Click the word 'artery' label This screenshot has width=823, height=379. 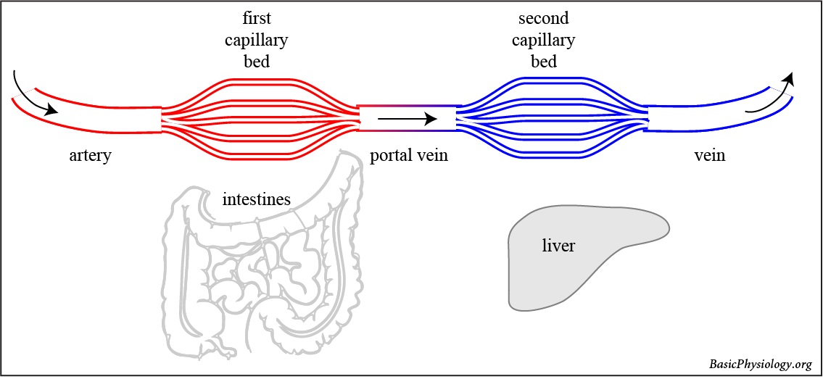pos(90,156)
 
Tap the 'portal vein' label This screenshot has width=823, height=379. pos(408,156)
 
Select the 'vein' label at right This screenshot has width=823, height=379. pos(709,156)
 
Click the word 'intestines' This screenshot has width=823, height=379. pos(256,199)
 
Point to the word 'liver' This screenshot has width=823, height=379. pos(558,246)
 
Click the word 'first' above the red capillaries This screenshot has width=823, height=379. pos(257,18)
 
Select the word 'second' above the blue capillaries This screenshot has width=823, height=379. pos(544,18)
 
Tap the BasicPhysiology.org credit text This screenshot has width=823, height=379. pos(760,364)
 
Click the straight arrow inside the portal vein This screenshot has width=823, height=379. pos(407,118)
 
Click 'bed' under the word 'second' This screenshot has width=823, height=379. pos(544,62)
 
